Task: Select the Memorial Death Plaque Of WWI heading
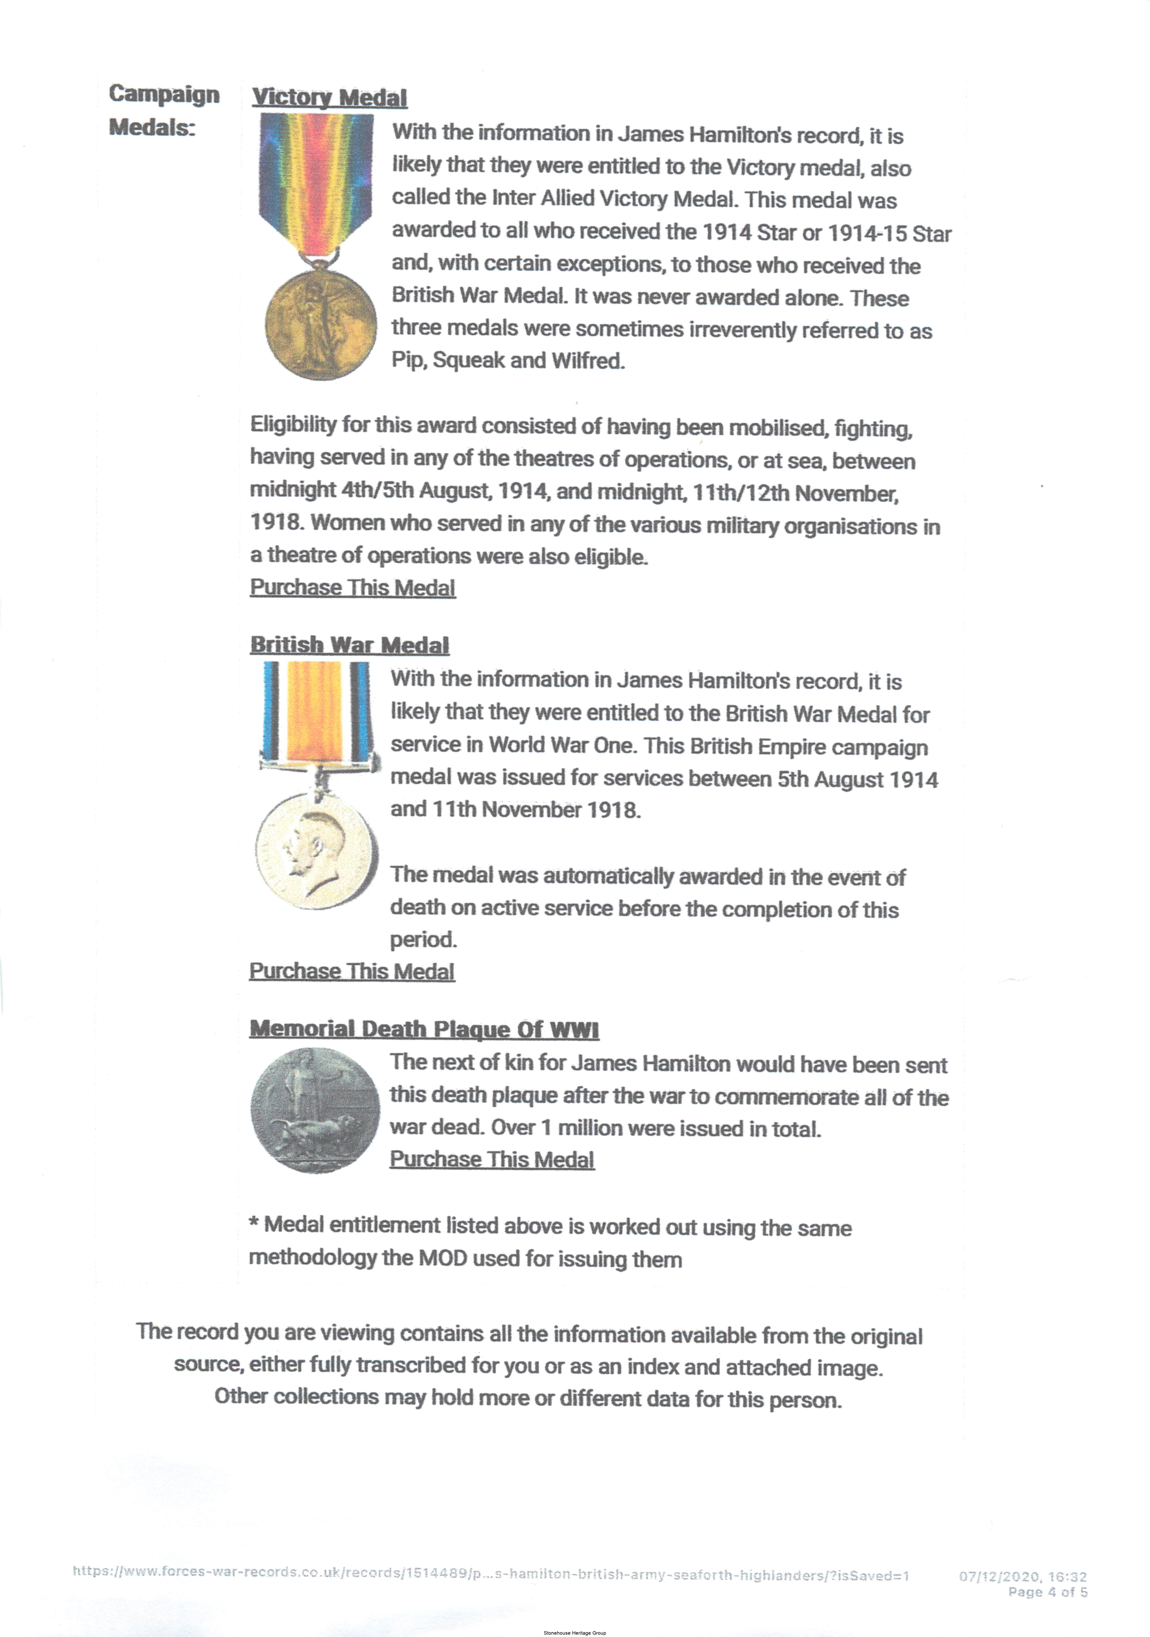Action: click(423, 1029)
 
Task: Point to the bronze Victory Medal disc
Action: click(320, 324)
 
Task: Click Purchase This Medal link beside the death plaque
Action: click(492, 1159)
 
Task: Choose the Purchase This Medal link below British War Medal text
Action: click(351, 971)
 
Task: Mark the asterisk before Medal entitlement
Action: click(254, 1223)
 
